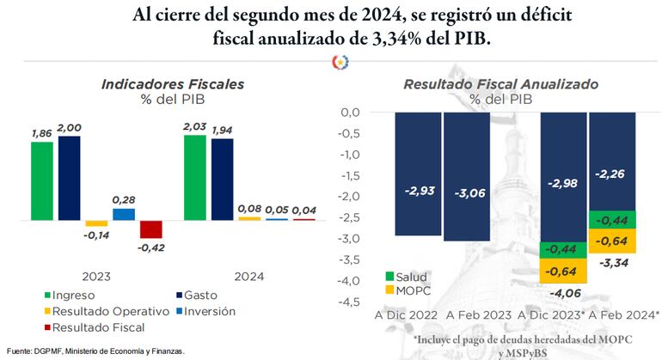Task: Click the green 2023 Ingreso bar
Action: click(x=42, y=180)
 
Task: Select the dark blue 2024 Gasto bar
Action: click(x=223, y=179)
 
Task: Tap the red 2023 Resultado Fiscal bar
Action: click(x=151, y=229)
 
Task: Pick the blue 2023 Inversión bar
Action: click(x=124, y=214)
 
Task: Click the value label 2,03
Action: click(x=195, y=126)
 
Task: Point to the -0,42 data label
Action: click(x=151, y=248)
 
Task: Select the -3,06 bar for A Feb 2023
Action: click(x=466, y=176)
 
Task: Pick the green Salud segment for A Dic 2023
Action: click(x=563, y=248)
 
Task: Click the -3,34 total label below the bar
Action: click(x=611, y=262)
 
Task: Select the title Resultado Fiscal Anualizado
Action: click(x=500, y=84)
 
